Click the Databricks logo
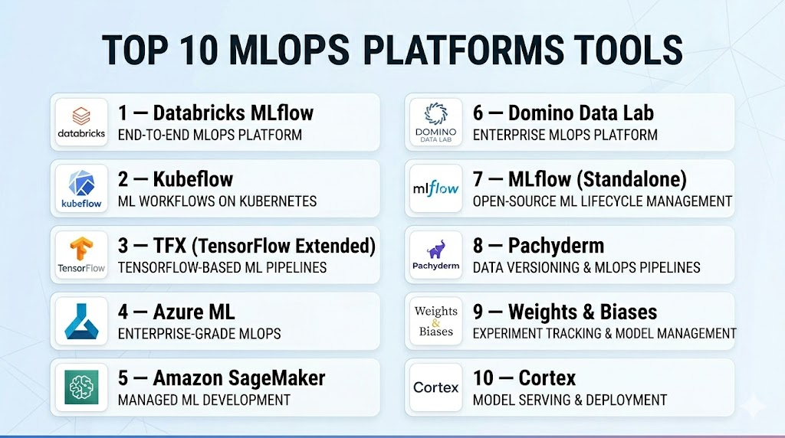(81, 123)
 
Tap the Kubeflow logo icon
(81, 188)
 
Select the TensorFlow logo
(81, 255)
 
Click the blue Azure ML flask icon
(81, 322)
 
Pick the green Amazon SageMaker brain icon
(81, 387)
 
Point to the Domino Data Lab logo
(436, 123)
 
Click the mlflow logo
(436, 188)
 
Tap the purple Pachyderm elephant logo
(436, 255)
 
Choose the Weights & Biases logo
(436, 322)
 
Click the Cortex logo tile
(436, 387)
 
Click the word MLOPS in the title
(289, 50)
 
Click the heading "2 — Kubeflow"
(176, 179)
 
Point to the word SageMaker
(277, 378)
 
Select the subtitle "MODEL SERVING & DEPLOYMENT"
(570, 400)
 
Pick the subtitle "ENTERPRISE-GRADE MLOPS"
(199, 334)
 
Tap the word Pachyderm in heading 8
(557, 246)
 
